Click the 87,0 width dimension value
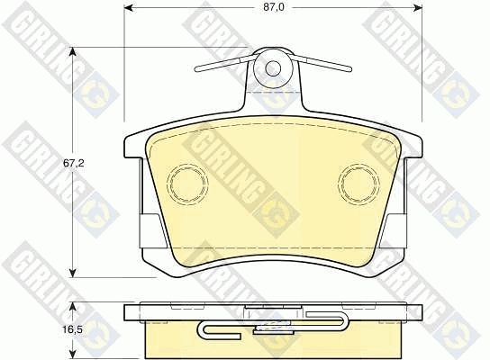274,7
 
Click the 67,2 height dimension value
74,163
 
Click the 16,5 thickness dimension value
74,329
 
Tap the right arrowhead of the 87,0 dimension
418,7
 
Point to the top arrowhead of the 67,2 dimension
73,52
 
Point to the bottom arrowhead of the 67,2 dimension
73,272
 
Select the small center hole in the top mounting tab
273,68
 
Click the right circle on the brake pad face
358,184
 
